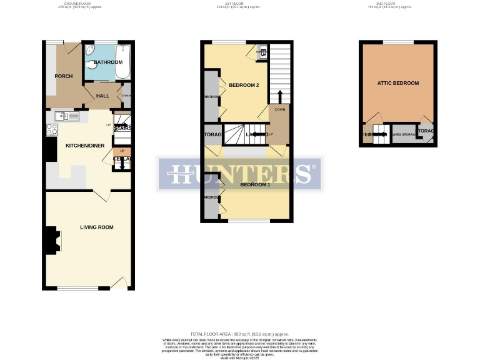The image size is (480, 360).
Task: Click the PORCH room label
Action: [x=64, y=76]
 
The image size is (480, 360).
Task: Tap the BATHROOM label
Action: [x=108, y=63]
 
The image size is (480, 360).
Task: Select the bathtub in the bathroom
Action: [x=123, y=62]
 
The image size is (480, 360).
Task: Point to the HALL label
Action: [x=102, y=95]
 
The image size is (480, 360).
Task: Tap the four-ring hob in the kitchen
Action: [x=52, y=130]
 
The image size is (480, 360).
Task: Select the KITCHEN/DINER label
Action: [x=86, y=146]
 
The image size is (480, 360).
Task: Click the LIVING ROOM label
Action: [x=96, y=227]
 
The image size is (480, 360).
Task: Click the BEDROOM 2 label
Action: [x=243, y=85]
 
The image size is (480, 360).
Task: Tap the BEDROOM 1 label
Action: [x=252, y=184]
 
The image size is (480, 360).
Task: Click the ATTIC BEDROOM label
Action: [x=397, y=83]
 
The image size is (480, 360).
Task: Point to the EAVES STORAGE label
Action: [x=404, y=134]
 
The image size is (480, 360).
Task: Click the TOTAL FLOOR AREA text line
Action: [x=240, y=335]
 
